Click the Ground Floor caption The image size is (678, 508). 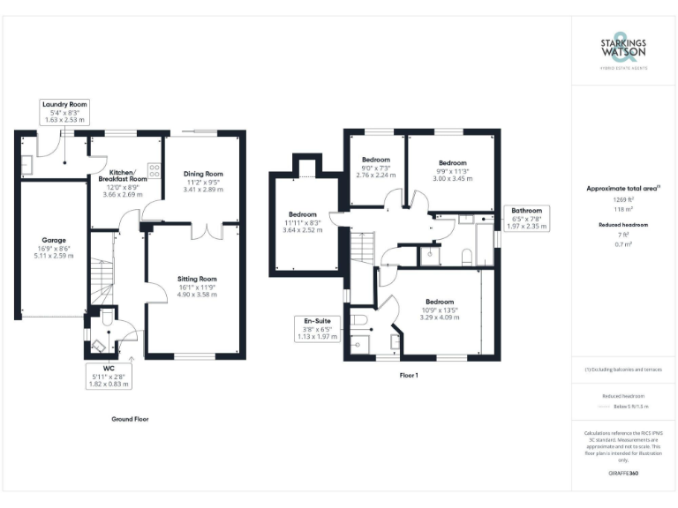(130, 419)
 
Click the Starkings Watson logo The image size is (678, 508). (623, 51)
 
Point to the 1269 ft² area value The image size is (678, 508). (623, 201)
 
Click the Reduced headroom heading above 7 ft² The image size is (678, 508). (623, 226)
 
